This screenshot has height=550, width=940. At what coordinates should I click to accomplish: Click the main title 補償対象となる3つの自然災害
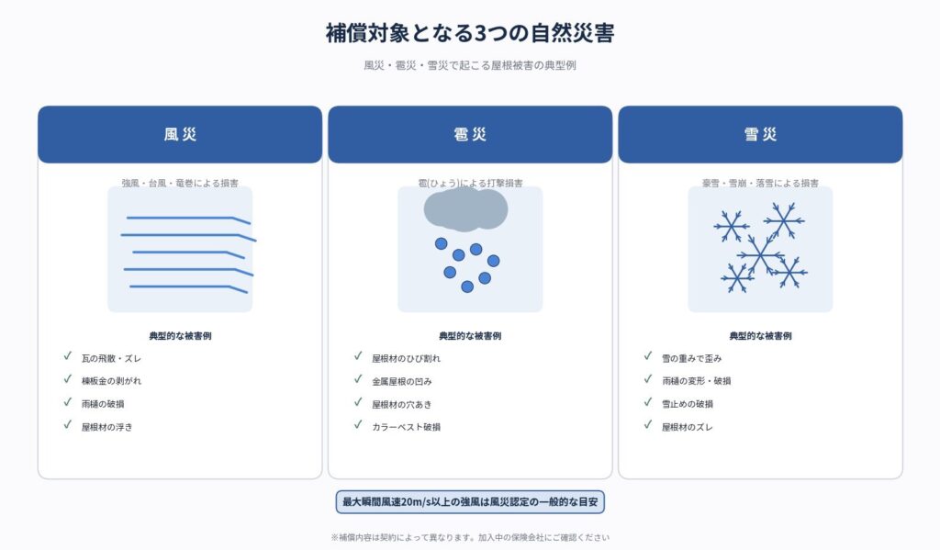(470, 33)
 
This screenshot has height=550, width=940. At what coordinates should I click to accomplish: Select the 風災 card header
(180, 134)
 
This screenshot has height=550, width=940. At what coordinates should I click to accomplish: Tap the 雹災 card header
(470, 134)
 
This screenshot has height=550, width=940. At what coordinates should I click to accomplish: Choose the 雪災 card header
(760, 134)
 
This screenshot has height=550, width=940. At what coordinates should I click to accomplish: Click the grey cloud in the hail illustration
(465, 209)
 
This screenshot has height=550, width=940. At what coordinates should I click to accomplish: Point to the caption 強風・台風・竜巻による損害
(180, 183)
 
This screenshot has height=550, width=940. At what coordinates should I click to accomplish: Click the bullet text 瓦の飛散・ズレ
(111, 358)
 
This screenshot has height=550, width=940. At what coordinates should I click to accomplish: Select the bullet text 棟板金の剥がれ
(111, 381)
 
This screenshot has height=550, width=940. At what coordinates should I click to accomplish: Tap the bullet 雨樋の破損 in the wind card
(103, 404)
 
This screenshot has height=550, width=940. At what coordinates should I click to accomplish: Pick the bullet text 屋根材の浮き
(106, 427)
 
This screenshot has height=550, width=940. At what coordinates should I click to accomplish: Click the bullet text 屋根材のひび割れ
(406, 358)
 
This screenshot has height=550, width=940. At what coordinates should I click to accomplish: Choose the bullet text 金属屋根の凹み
(402, 381)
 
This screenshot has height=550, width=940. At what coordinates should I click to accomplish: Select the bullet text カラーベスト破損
(406, 427)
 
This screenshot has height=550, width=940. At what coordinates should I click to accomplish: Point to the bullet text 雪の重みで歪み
(692, 358)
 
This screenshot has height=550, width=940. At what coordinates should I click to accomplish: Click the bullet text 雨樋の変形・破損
(696, 381)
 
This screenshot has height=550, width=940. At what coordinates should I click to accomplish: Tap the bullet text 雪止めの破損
(688, 404)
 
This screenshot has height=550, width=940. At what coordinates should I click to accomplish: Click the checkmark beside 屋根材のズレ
(648, 424)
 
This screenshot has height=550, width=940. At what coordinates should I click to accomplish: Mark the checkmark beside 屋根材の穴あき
(358, 402)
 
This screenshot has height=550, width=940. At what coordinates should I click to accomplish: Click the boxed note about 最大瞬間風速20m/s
(470, 502)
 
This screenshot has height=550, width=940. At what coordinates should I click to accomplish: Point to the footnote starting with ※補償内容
(470, 537)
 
